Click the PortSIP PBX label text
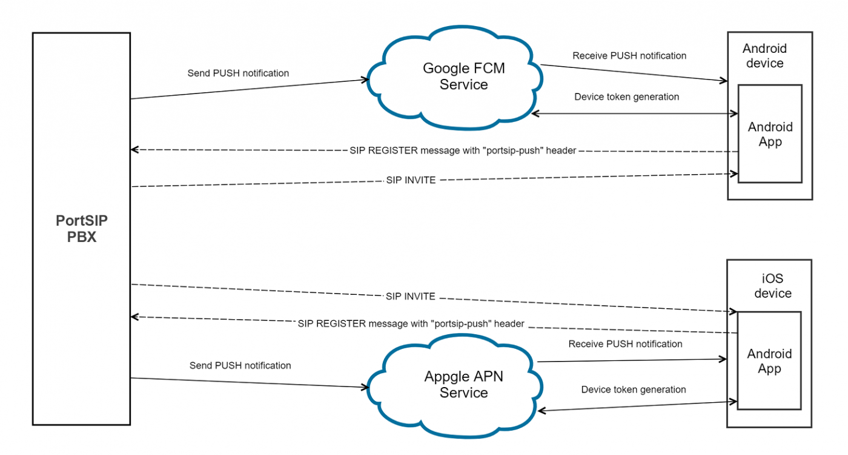pyautogui.click(x=82, y=229)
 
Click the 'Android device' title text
pyautogui.click(x=764, y=56)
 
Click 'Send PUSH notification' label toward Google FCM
pyautogui.click(x=238, y=73)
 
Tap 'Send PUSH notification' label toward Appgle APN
pyautogui.click(x=240, y=366)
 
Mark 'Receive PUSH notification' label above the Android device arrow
pyautogui.click(x=629, y=56)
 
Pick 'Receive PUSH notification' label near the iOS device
pyautogui.click(x=625, y=344)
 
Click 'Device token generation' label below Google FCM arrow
pyautogui.click(x=626, y=97)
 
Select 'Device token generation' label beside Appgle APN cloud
pyautogui.click(x=634, y=389)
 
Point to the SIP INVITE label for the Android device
pyautogui.click(x=411, y=180)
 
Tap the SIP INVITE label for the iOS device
pyautogui.click(x=410, y=297)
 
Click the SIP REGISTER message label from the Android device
pyautogui.click(x=462, y=150)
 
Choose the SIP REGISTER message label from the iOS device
pyautogui.click(x=411, y=324)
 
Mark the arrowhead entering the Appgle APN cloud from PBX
pyautogui.click(x=366, y=387)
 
